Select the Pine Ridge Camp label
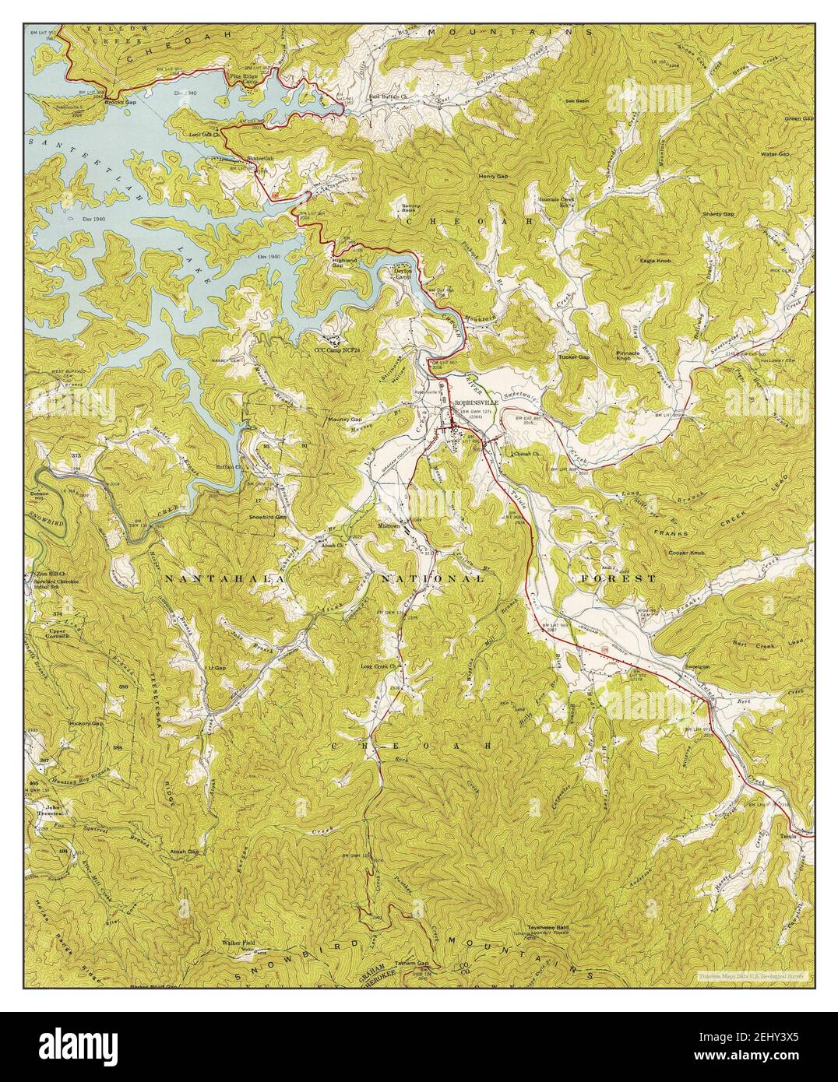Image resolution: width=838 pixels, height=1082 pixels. click(245, 79)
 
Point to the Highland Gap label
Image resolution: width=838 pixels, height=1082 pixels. click(344, 262)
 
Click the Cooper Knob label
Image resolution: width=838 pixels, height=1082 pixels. click(686, 553)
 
